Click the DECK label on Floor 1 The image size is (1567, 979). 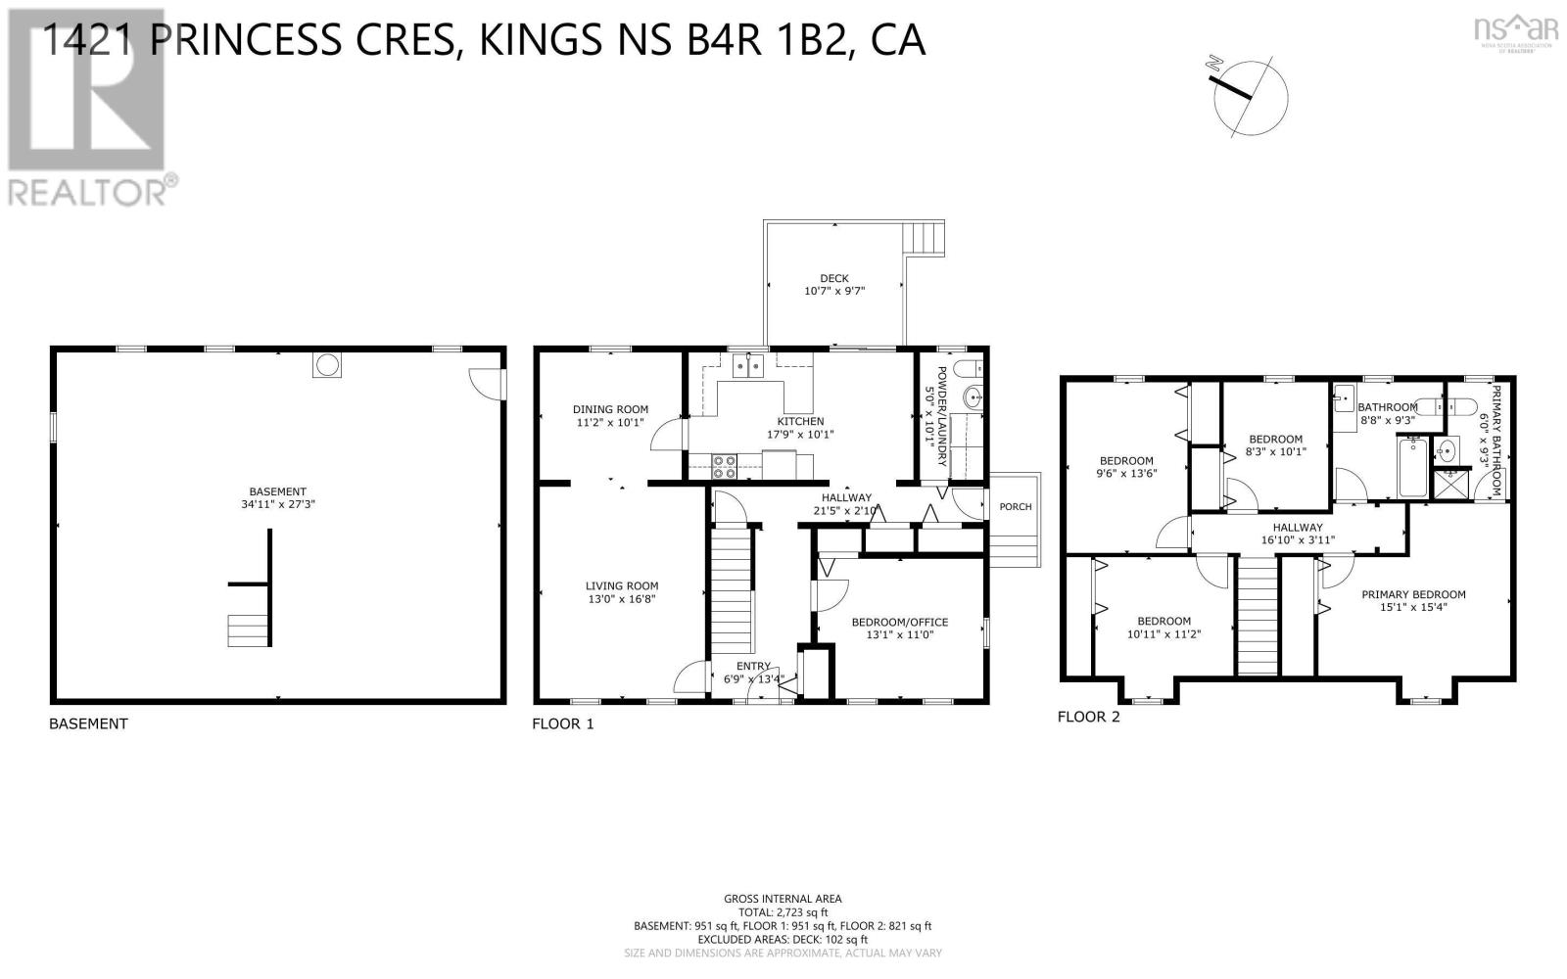(x=833, y=278)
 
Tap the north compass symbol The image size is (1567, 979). (x=1251, y=95)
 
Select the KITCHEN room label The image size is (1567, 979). (x=800, y=421)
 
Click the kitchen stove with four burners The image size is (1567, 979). (x=724, y=467)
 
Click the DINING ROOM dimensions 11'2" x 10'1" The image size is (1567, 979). (x=610, y=423)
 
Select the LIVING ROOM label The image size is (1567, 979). (x=621, y=585)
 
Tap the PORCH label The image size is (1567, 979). (x=1015, y=507)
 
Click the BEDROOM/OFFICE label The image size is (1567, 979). (x=899, y=622)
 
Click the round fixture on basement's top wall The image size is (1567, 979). (x=328, y=365)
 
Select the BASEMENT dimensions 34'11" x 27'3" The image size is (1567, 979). (x=277, y=505)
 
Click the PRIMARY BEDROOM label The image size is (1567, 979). (x=1412, y=594)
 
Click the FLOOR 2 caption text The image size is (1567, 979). (x=1088, y=717)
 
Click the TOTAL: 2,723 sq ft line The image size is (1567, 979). (x=782, y=911)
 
